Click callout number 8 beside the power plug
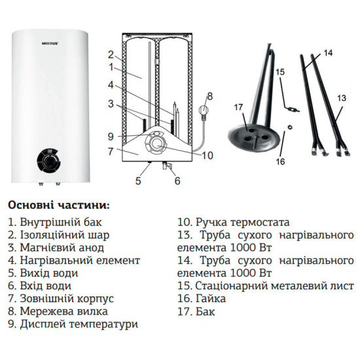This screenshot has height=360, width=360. tap(209, 97)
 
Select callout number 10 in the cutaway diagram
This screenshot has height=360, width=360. tap(207, 155)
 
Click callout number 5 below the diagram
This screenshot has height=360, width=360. tap(138, 181)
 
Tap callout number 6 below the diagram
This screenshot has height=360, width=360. tap(177, 181)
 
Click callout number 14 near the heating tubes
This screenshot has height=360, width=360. tap(328, 52)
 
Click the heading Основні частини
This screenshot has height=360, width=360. tap(59, 204)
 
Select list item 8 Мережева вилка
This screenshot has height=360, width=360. tap(58, 311)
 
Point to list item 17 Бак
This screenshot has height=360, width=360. tap(196, 311)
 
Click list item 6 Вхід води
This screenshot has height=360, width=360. tap(40, 285)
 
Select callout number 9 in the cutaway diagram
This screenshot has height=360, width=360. tap(111, 136)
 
